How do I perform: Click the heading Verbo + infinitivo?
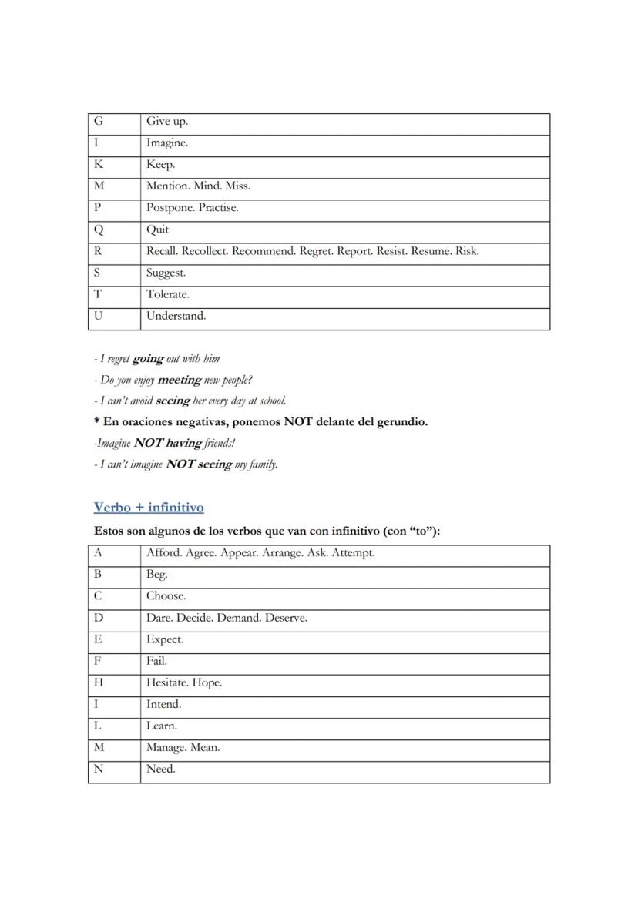click(149, 508)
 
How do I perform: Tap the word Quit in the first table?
click(158, 230)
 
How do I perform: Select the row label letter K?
click(99, 165)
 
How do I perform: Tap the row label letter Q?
click(99, 230)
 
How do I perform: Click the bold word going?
click(148, 359)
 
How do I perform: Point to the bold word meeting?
click(179, 380)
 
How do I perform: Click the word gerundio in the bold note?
click(395, 422)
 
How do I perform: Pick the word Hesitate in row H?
click(167, 682)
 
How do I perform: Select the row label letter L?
click(98, 726)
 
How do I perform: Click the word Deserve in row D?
click(286, 618)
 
